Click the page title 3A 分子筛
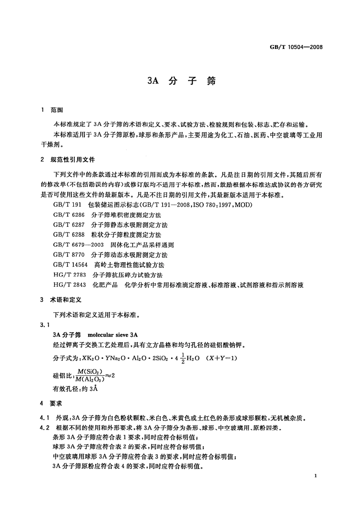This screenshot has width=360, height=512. pos(182,81)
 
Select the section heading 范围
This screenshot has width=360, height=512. pos(57,110)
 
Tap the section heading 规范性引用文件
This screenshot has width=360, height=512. pos(73,160)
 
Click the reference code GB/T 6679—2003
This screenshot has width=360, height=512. pos(78,245)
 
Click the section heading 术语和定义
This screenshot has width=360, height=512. pos(66,300)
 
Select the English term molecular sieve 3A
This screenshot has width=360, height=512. pos(113,335)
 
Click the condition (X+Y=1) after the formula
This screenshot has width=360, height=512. pos(222,358)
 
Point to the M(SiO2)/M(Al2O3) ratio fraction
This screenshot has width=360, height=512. pos(90,375)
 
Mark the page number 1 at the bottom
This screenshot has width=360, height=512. pos(316,476)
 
